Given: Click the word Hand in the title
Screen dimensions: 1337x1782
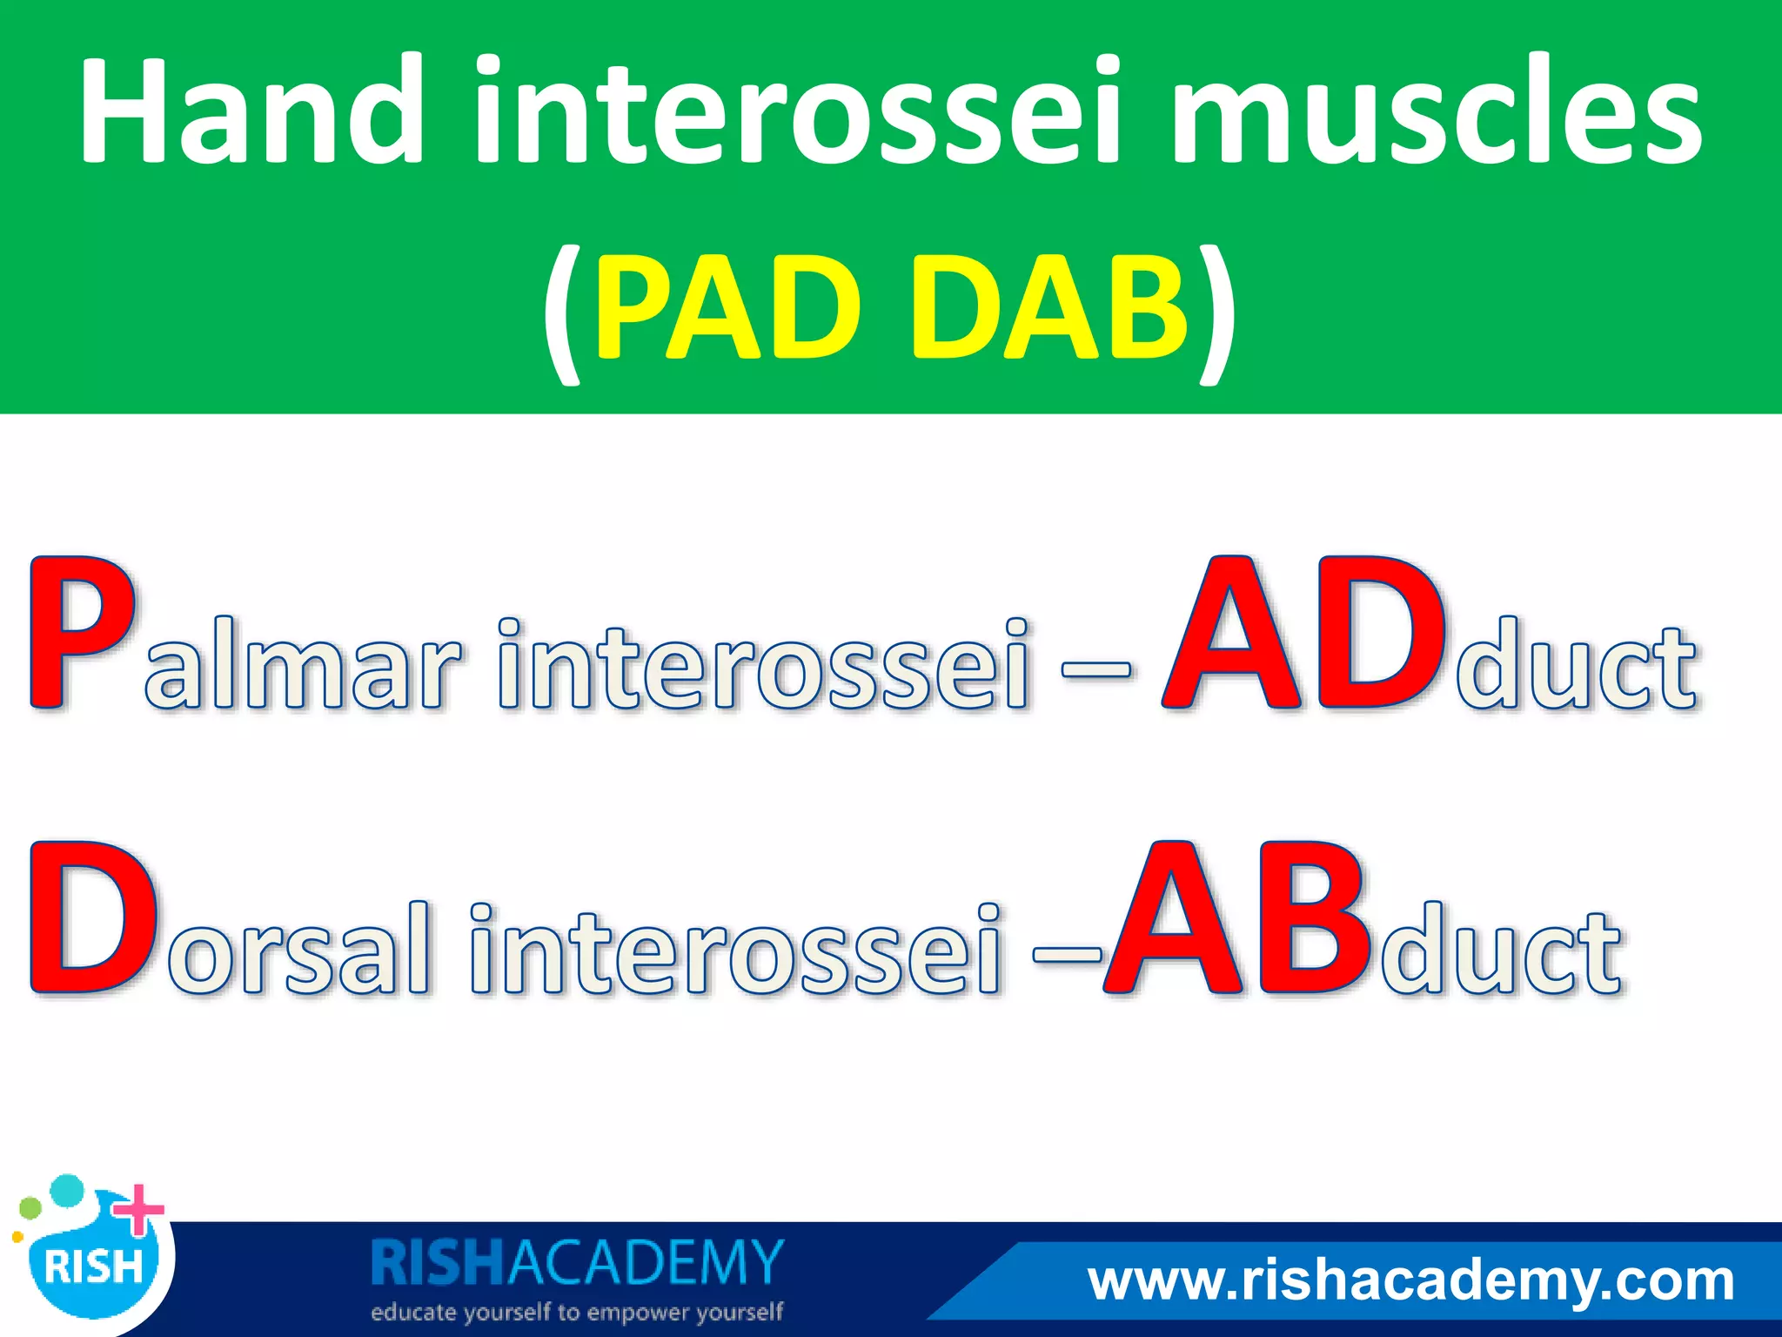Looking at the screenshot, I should pos(252,111).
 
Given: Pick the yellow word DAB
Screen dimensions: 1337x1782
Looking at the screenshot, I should pos(1048,309).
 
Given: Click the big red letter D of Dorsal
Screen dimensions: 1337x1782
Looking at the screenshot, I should pos(91,918).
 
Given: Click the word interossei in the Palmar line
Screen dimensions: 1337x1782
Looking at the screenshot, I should pos(766,663).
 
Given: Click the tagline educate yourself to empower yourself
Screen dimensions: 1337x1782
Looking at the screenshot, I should pos(577,1312).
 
